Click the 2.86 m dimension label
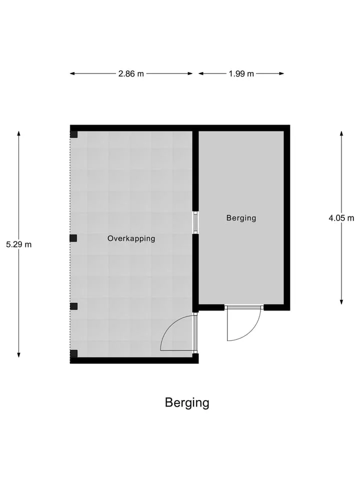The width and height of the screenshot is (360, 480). [131, 74]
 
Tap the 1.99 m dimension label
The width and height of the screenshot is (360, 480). [241, 74]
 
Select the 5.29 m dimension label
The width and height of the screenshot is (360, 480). [19, 244]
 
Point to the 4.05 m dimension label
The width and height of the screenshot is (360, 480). [341, 218]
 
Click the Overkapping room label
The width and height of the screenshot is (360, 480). [131, 238]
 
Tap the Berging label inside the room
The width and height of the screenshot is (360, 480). [241, 218]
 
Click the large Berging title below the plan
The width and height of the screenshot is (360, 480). [187, 403]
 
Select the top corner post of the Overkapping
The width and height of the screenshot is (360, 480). [74, 134]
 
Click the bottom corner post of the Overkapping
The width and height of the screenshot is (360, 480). [74, 354]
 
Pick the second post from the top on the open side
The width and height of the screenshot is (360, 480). [73, 238]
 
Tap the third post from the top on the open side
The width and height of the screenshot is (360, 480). [73, 306]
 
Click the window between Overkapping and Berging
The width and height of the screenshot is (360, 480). [195, 222]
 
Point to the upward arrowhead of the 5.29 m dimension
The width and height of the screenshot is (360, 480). [19, 133]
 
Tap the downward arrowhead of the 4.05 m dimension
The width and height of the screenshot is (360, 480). [341, 302]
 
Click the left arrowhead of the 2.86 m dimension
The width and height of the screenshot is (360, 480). [72, 73]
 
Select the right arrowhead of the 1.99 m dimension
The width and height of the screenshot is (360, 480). [281, 73]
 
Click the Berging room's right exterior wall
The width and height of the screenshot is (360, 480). [287, 217]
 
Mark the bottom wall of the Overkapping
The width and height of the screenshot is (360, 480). [134, 360]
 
